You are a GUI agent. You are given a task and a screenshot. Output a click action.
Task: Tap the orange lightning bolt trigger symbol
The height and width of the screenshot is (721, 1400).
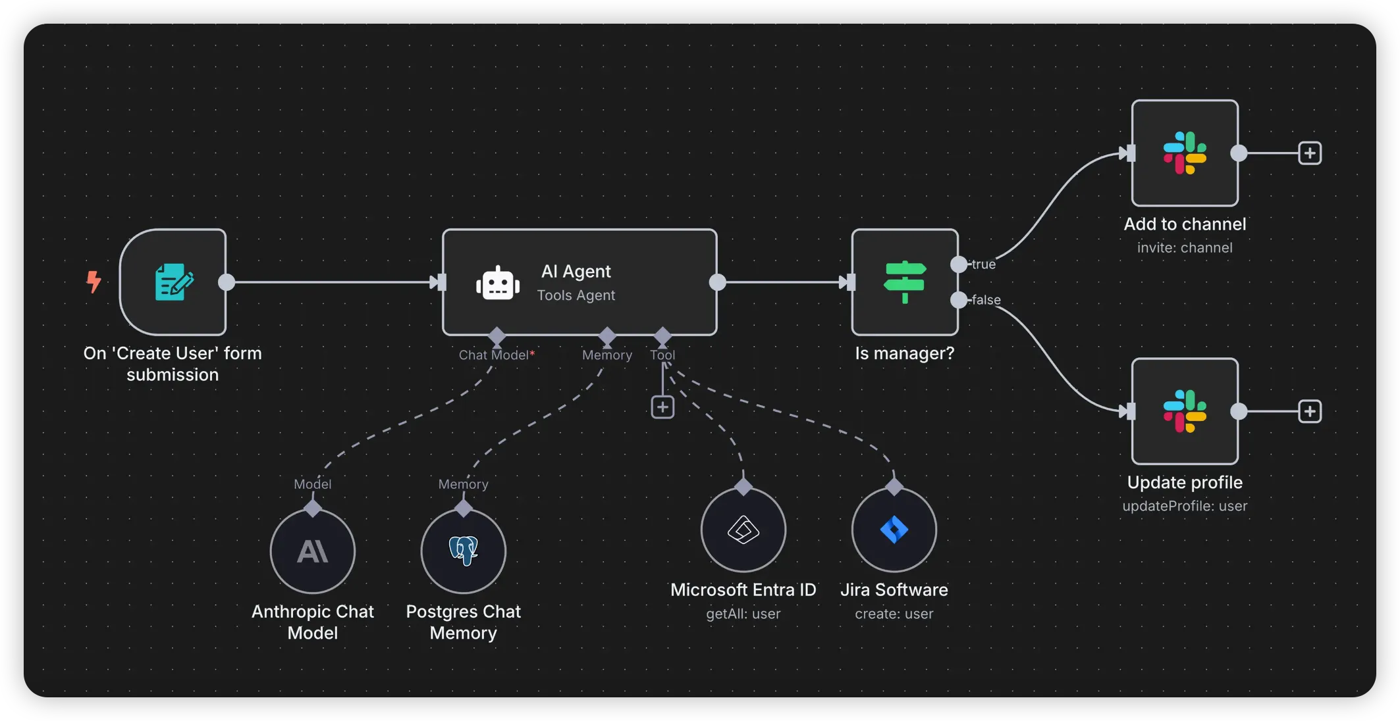[94, 282]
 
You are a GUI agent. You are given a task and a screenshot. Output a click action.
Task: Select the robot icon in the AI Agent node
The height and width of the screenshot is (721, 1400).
[498, 284]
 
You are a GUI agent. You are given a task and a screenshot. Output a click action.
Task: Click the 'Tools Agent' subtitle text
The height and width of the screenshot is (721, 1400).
[576, 295]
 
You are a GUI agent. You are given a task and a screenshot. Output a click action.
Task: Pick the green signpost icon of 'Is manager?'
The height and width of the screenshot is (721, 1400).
[905, 282]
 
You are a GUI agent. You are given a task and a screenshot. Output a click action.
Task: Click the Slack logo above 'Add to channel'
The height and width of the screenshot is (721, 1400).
[1185, 153]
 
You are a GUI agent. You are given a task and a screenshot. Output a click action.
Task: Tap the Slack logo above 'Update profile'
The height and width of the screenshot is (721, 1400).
[1185, 412]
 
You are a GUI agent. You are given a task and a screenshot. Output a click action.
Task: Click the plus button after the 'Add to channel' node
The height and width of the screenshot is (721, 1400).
[1310, 153]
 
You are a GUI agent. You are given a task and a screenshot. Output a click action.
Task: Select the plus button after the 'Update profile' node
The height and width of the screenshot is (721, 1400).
[1310, 412]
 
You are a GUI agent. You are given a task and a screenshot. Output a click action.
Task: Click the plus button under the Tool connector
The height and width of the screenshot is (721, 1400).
[662, 407]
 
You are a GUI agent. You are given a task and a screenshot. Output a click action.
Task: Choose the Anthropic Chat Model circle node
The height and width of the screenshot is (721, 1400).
[313, 551]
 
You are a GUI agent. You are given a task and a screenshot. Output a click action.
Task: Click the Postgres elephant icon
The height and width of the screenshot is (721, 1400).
[464, 551]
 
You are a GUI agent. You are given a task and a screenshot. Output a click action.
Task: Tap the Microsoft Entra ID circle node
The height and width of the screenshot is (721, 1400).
[743, 530]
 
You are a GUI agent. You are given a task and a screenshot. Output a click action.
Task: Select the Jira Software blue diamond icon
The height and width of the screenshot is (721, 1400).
[894, 530]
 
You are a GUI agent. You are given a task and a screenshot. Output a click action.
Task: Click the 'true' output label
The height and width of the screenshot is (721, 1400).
[983, 264]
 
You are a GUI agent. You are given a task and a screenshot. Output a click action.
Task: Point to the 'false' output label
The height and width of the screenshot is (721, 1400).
[986, 300]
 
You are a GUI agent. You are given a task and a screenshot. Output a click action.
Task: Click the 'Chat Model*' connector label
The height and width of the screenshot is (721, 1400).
[497, 355]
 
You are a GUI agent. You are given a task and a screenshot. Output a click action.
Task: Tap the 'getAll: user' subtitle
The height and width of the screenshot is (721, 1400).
[743, 614]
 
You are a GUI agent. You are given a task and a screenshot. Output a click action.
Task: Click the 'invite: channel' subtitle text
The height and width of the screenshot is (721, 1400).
[1185, 248]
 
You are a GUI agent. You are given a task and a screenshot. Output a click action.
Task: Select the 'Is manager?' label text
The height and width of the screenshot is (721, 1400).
[905, 353]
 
